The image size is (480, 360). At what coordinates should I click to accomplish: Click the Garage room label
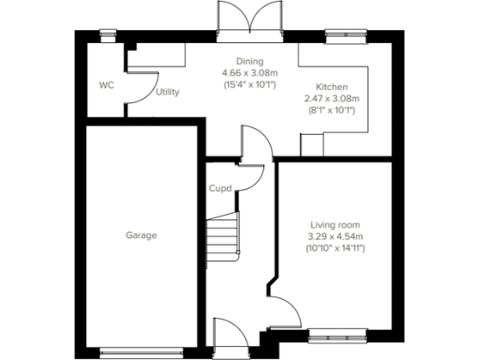click(142, 235)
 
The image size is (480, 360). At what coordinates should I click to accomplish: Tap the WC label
click(106, 85)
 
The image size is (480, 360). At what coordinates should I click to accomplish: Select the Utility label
click(168, 92)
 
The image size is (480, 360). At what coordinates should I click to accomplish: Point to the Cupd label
click(219, 187)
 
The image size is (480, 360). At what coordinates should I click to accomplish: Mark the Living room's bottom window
click(335, 333)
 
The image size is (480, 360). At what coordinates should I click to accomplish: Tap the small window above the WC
click(107, 35)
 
